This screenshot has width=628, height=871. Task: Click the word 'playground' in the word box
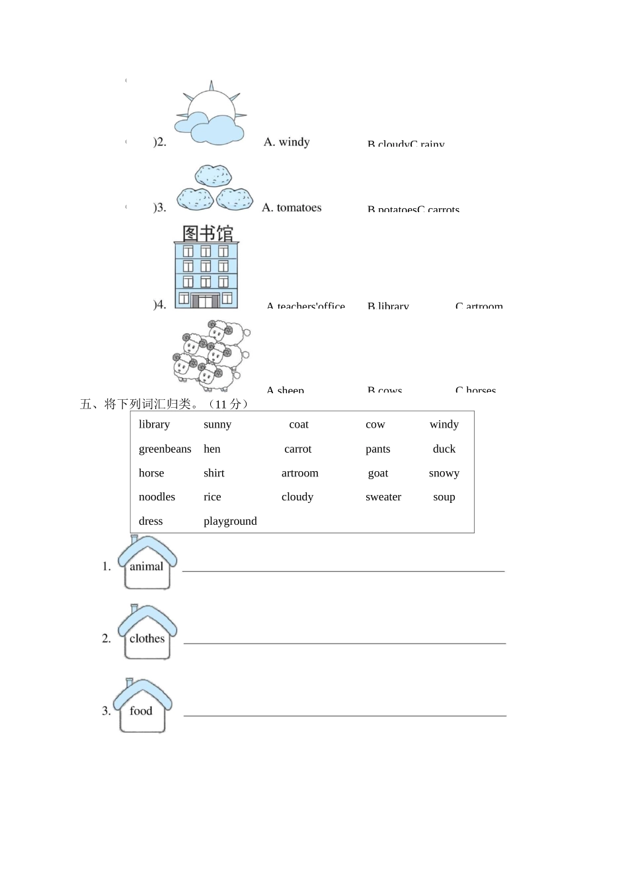pos(230,521)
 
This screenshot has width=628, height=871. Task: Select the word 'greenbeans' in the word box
pos(165,449)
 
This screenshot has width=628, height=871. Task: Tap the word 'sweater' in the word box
pos(383,497)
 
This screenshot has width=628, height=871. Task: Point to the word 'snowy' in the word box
pos(444,473)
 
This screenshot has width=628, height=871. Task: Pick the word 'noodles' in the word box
pos(157,497)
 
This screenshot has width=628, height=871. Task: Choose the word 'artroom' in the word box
pos(300,473)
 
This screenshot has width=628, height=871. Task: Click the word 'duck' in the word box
pos(444,449)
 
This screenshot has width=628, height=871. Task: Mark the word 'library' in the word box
pos(154,424)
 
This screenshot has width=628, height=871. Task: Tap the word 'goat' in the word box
pos(378,473)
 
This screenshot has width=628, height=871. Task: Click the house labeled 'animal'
pos(147,564)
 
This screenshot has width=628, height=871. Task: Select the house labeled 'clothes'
pos(147,634)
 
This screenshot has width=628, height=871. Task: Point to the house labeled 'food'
pos(141,707)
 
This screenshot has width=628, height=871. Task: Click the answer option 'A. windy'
pos(287,142)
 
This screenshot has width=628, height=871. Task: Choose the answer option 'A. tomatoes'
pos(292,208)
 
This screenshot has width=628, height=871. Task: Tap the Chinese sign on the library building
pos(208,233)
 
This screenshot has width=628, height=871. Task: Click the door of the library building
pos(206,301)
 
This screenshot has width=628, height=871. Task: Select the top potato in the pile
pos(214,176)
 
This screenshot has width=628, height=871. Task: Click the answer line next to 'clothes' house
pos(344,642)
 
